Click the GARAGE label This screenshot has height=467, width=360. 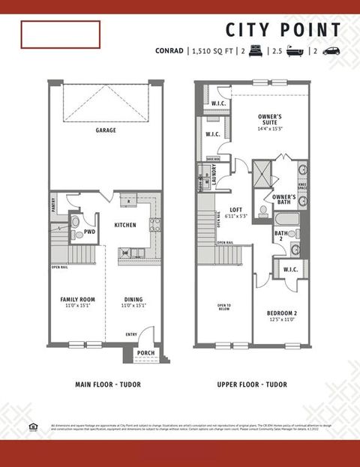105,130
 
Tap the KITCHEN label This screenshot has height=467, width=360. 124,224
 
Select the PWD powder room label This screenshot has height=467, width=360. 89,232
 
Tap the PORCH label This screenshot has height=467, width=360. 145,353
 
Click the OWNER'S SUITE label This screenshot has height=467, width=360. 269,117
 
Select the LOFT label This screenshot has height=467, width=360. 236,210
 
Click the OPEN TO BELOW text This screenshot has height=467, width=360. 223,307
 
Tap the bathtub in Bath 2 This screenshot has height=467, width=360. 287,220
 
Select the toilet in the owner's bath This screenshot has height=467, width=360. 263,211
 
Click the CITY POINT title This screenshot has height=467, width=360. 283,30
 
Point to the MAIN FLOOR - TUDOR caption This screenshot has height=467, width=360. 108,385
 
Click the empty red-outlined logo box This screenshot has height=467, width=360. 60,34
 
